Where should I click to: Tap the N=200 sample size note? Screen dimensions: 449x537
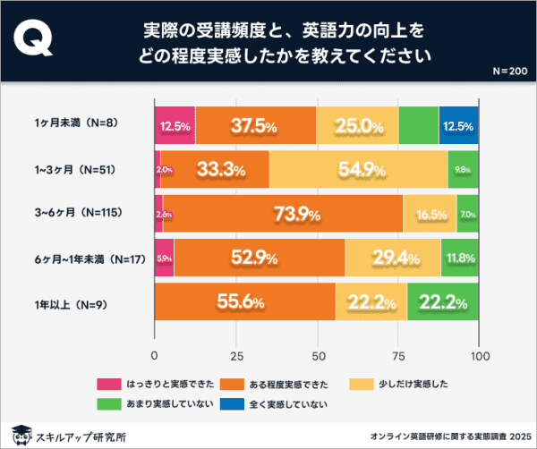pyautogui.click(x=510, y=71)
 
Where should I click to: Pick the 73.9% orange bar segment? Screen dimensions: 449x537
pyautogui.click(x=283, y=214)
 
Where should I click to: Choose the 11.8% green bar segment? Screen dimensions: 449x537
pyautogui.click(x=460, y=258)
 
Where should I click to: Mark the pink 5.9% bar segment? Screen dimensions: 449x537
pyautogui.click(x=165, y=258)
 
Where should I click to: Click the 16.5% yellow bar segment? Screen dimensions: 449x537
pyautogui.click(x=430, y=214)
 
